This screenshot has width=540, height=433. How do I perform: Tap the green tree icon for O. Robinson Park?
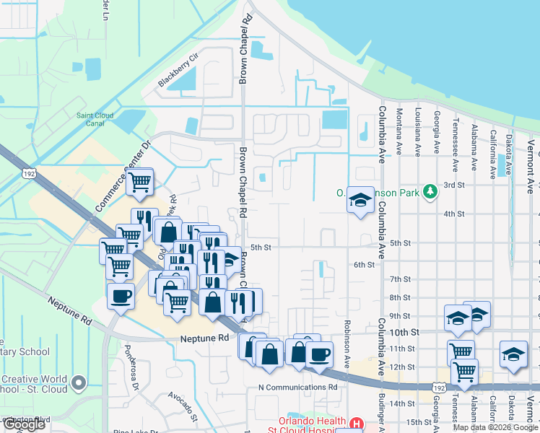(430, 191)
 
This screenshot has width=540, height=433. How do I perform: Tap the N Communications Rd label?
(297, 387)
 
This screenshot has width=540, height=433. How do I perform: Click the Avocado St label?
(183, 406)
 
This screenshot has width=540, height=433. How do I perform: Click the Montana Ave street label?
(399, 131)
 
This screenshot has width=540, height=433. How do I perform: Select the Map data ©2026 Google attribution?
(495, 427)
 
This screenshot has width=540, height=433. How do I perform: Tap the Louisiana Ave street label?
(418, 131)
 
